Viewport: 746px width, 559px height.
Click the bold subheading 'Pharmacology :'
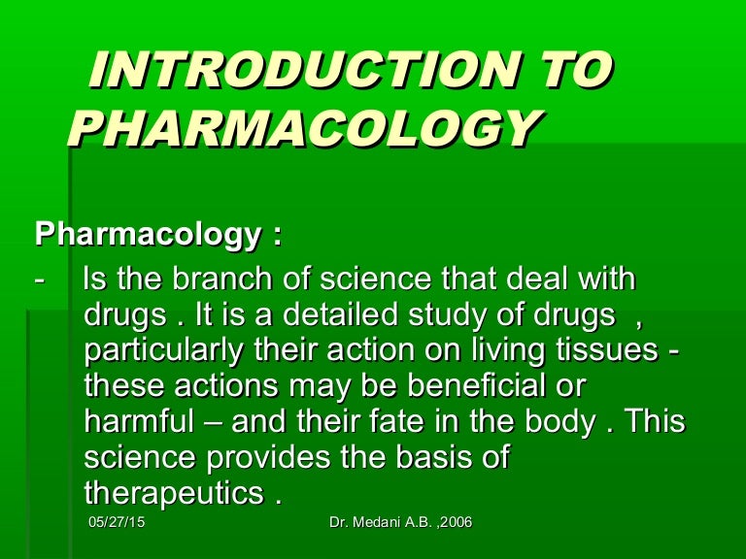tap(158, 236)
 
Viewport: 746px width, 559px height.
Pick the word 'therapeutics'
tap(174, 491)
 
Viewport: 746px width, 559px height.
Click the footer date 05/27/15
tap(109, 524)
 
